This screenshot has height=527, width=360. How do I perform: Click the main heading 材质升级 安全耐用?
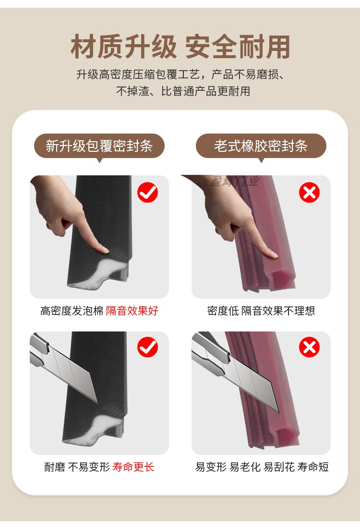point(180,47)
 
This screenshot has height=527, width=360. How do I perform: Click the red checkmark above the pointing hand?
point(147,193)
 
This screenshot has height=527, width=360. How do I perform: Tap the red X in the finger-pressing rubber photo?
point(309,193)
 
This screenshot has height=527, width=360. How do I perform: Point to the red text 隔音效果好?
point(132,311)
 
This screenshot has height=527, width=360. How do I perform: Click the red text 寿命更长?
point(133,466)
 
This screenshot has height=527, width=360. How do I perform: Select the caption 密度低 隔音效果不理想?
point(261,311)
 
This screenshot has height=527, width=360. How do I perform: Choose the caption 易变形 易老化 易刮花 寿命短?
point(262,466)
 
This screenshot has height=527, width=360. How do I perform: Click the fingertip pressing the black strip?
point(102,249)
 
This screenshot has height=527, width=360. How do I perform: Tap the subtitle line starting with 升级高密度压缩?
point(180,75)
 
